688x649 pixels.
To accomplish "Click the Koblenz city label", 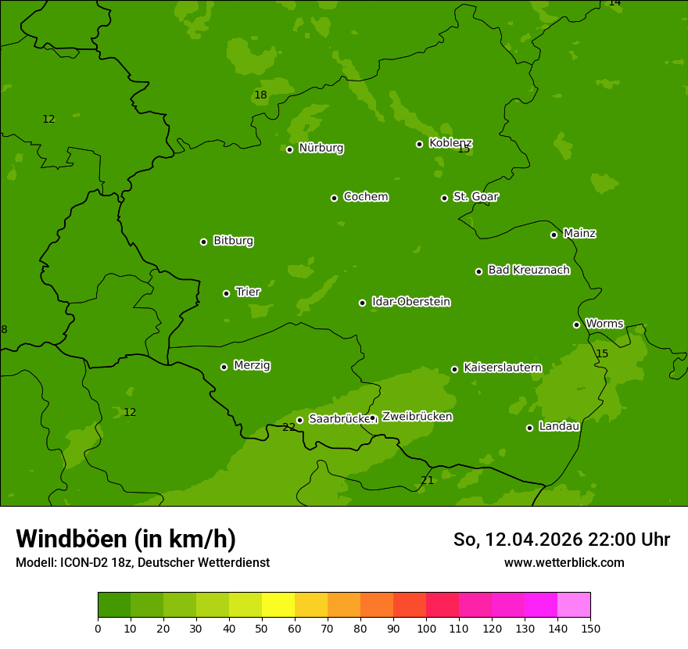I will (x=450, y=143).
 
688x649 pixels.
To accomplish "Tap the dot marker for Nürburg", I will (x=289, y=149).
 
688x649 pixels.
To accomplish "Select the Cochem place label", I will (x=365, y=196).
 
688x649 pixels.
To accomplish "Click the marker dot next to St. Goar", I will (x=444, y=198).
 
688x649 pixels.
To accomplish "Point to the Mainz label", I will (x=579, y=233).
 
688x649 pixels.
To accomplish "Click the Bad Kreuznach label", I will (x=529, y=270).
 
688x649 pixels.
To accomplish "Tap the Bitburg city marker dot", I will (x=204, y=242).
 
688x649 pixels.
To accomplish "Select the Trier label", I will (x=248, y=292).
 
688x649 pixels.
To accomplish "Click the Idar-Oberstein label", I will (x=410, y=301).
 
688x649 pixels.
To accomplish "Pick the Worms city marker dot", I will (x=576, y=324).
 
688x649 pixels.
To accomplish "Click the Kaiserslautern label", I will (x=502, y=368).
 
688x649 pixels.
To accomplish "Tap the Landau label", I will (x=559, y=426).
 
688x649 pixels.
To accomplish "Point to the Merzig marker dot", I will (x=224, y=367).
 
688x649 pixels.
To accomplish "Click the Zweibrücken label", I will (x=417, y=416).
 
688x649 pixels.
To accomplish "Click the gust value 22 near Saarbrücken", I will (x=288, y=427).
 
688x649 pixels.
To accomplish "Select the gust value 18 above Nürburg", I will (x=260, y=95).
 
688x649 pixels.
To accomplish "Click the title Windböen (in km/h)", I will (x=126, y=539).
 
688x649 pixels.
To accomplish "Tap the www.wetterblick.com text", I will (x=564, y=562).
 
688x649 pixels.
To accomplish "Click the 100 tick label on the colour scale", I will (x=426, y=628).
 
